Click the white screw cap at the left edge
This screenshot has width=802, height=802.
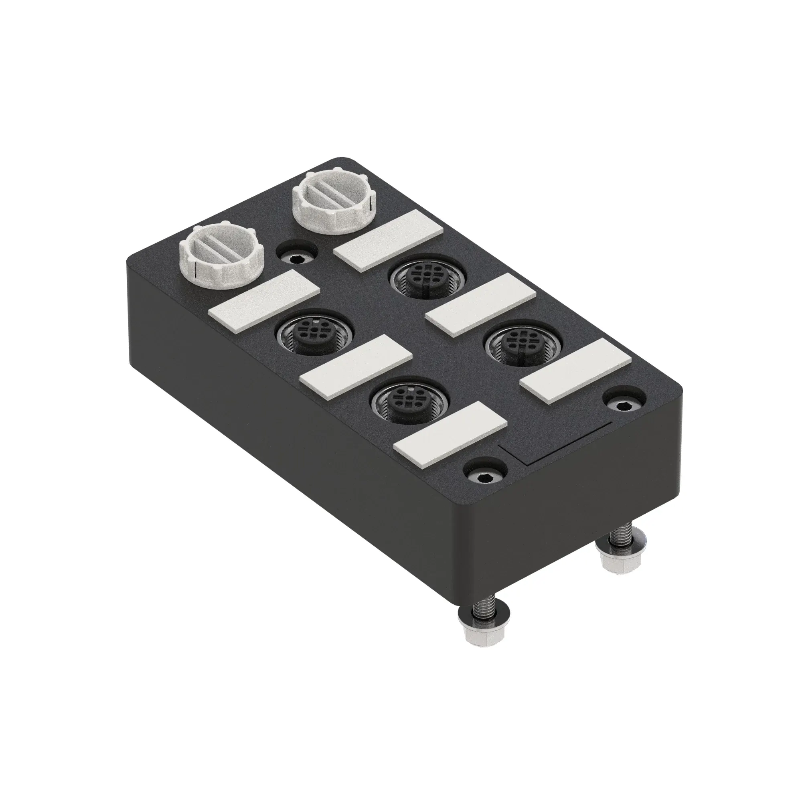(x=222, y=254)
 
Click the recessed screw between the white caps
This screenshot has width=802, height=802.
(x=296, y=259)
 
